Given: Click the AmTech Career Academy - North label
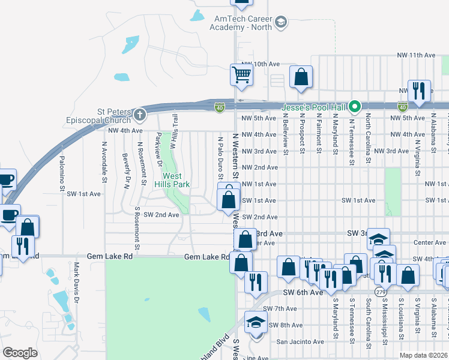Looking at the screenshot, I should (x=243, y=23).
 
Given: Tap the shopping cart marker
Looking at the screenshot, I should (x=241, y=76).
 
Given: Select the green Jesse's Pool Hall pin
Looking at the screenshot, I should (x=355, y=107).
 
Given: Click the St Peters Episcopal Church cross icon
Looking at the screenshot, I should (x=139, y=114).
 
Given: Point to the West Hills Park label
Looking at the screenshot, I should (x=173, y=180).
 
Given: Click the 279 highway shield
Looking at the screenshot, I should (x=381, y=292).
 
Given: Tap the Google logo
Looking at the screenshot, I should (x=20, y=353).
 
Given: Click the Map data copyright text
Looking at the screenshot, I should (x=424, y=355).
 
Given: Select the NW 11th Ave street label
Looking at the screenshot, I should (x=416, y=55).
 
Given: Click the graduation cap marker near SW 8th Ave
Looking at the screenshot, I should (x=256, y=323).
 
